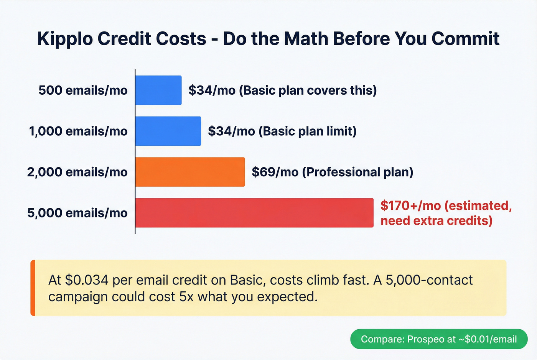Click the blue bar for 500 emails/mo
(158, 90)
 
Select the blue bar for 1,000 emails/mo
(168, 131)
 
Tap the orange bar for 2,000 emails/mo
(190, 172)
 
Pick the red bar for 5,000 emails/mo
(254, 213)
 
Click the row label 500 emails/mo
(83, 90)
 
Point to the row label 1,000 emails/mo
(78, 131)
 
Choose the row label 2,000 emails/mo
(77, 172)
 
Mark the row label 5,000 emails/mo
(77, 213)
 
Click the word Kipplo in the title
(65, 39)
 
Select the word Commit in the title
(465, 39)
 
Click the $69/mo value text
(275, 172)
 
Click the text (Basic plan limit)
(308, 131)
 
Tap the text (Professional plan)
(357, 172)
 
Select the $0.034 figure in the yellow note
(87, 280)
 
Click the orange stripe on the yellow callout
(33, 288)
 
